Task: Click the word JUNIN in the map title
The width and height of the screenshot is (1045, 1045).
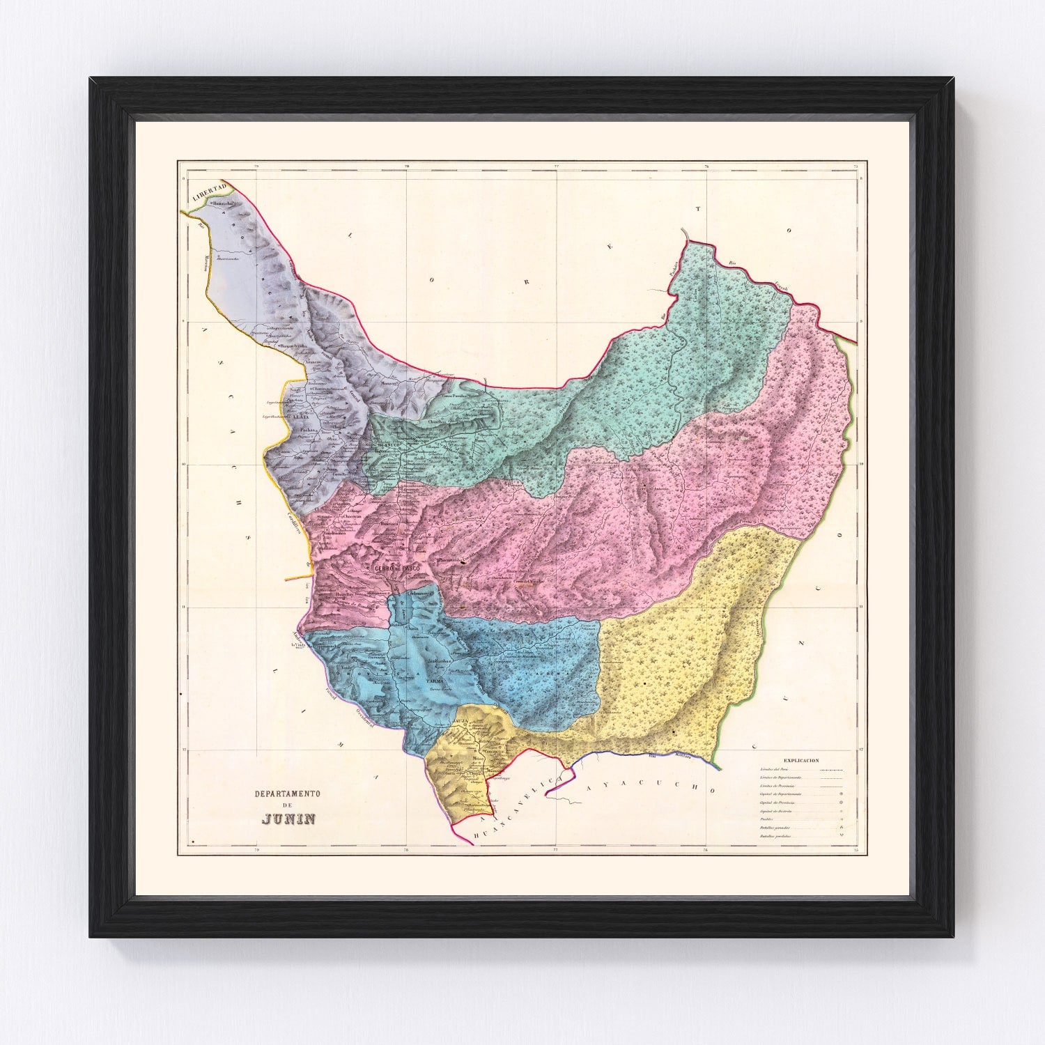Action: click(x=288, y=818)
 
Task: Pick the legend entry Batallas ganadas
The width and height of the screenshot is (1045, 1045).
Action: click(x=774, y=828)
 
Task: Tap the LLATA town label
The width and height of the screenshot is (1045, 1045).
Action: click(x=300, y=416)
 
